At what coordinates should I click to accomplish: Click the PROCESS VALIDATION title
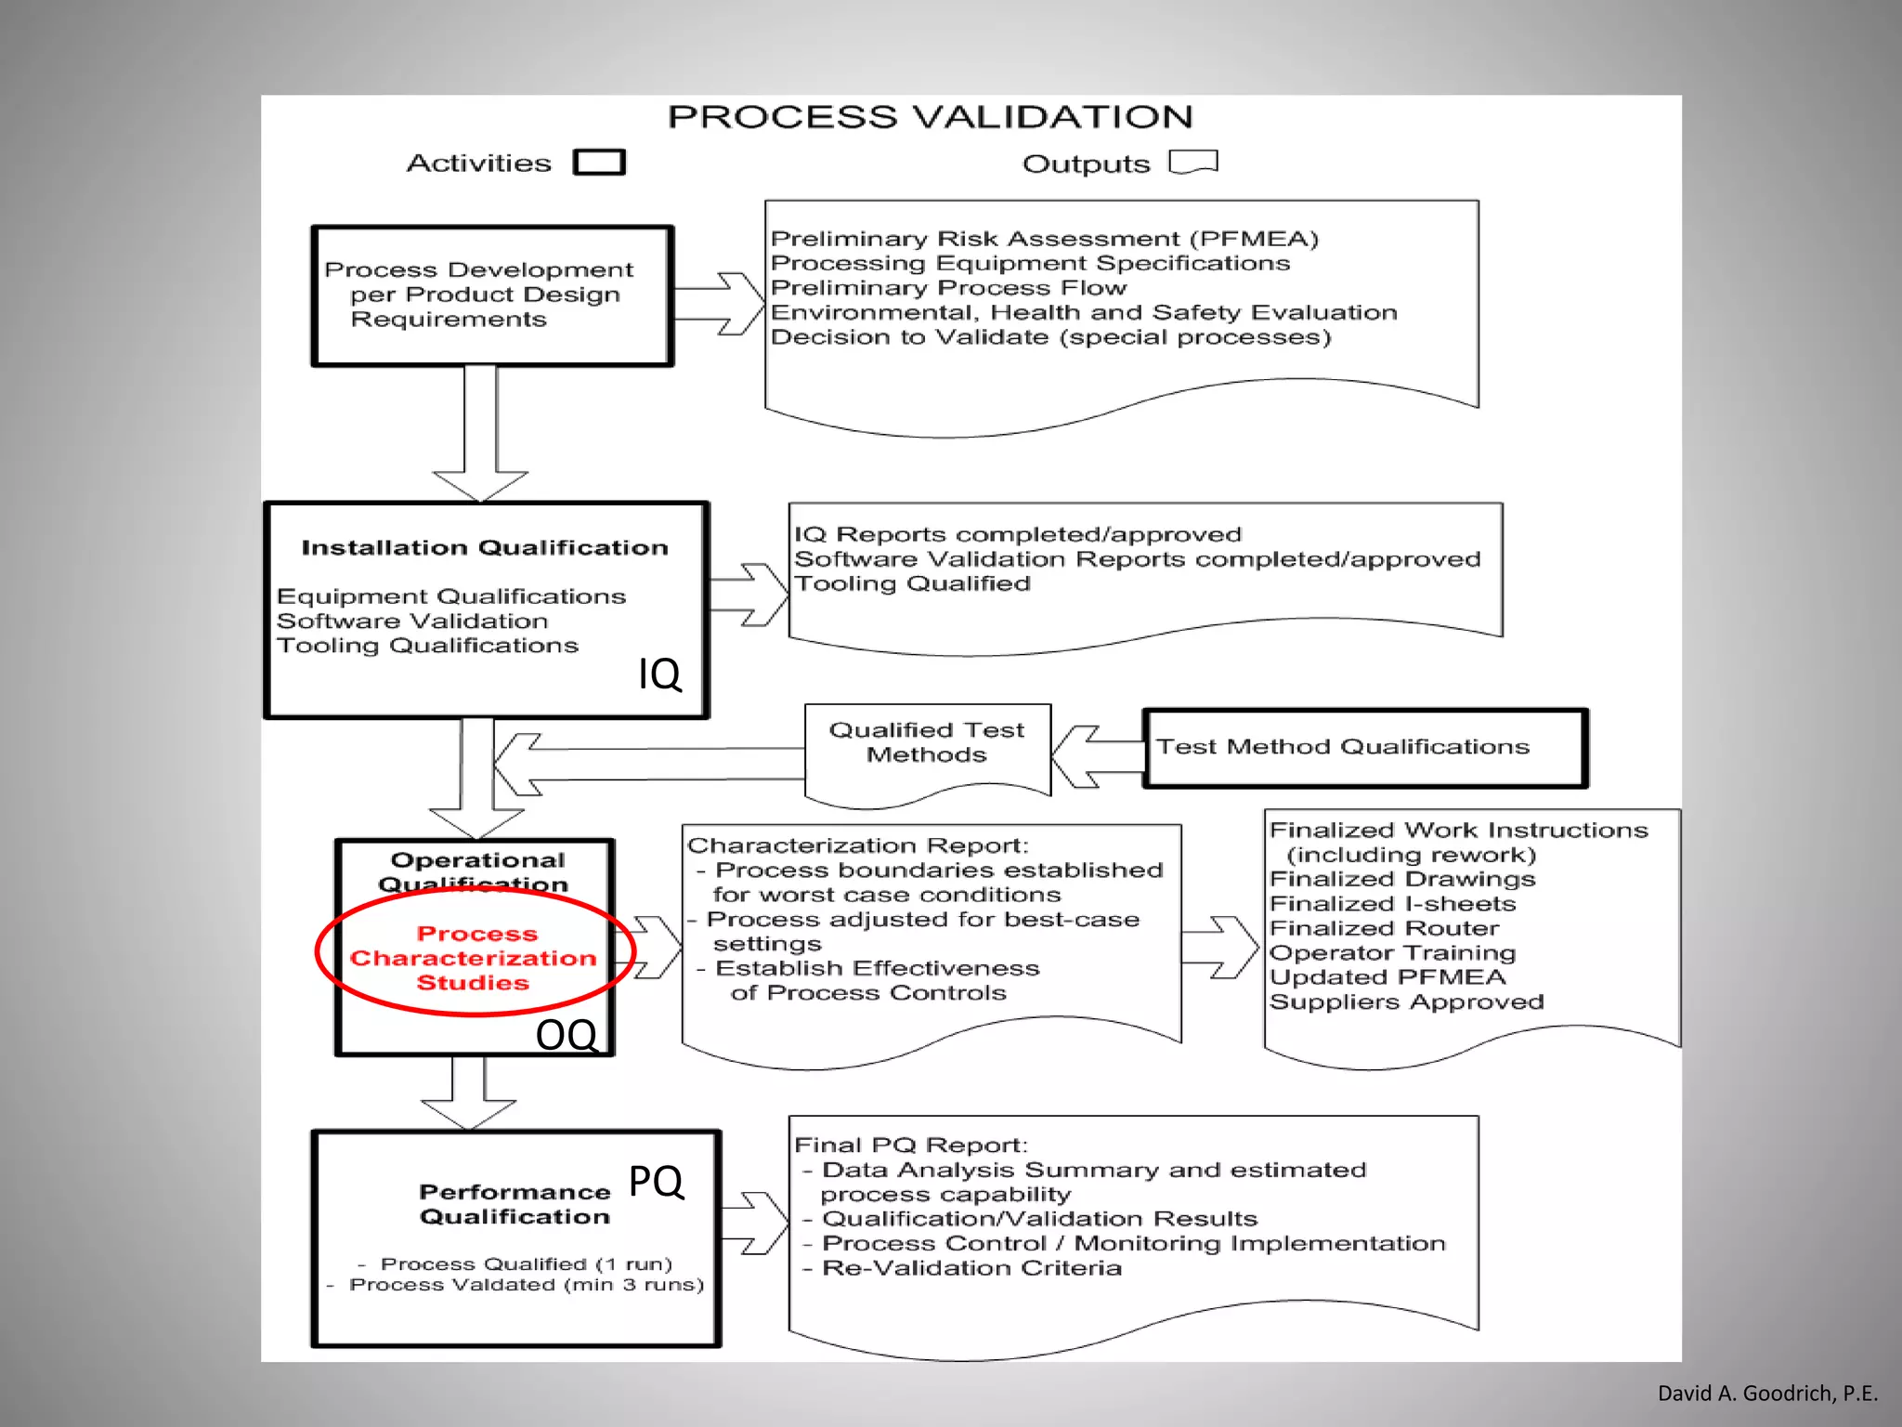click(x=930, y=117)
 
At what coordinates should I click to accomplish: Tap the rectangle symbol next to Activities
click(x=599, y=163)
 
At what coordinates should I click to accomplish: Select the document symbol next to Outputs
click(x=1193, y=163)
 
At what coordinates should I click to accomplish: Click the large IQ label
click(x=659, y=674)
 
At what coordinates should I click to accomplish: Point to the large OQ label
click(x=567, y=1035)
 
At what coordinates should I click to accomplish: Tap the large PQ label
click(x=656, y=1182)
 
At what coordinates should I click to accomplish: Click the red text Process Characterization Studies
click(x=474, y=958)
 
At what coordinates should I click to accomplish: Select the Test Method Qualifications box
click(x=1365, y=748)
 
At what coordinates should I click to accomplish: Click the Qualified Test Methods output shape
click(x=927, y=748)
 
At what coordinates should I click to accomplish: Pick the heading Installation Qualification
click(x=485, y=548)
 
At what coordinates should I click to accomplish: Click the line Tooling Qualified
click(x=912, y=583)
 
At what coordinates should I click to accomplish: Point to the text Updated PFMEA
click(x=1387, y=977)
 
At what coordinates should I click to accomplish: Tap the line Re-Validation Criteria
click(x=971, y=1268)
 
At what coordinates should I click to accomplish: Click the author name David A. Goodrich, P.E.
click(x=1767, y=1393)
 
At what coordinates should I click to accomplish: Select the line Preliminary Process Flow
click(x=948, y=288)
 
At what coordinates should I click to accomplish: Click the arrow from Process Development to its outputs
click(x=720, y=304)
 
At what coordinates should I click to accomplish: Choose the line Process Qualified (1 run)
click(x=526, y=1264)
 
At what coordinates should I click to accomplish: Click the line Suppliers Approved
click(x=1406, y=1002)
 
